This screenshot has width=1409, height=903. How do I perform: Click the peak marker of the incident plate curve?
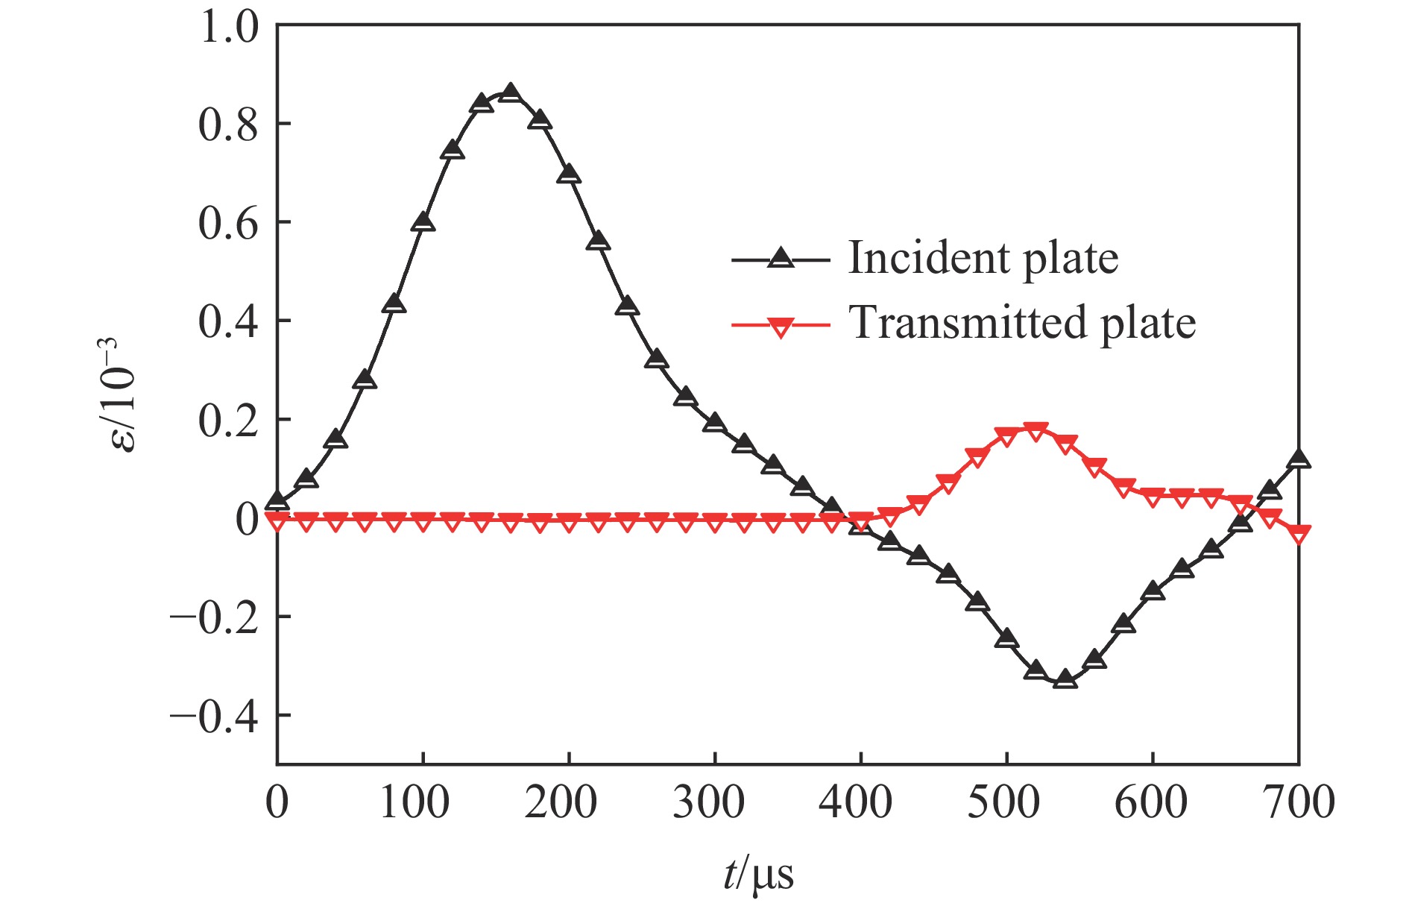point(511,94)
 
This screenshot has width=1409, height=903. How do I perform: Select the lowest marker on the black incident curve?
point(1065,679)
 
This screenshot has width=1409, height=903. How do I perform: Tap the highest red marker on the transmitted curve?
point(1036,431)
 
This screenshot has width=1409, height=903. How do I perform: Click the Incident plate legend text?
point(983,259)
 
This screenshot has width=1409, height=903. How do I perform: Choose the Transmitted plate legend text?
point(1022,323)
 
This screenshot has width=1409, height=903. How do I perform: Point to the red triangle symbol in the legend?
point(781,327)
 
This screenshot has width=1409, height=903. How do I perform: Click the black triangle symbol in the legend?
point(781,259)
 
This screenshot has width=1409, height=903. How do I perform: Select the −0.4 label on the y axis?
point(215,716)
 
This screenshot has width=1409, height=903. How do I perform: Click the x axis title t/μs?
point(758,874)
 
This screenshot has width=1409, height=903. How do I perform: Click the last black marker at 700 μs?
point(1299,459)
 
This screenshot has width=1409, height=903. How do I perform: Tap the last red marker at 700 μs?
point(1299,535)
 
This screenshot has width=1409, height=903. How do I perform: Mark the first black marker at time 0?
point(277,501)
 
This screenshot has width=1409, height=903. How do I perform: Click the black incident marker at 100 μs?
point(423,222)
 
